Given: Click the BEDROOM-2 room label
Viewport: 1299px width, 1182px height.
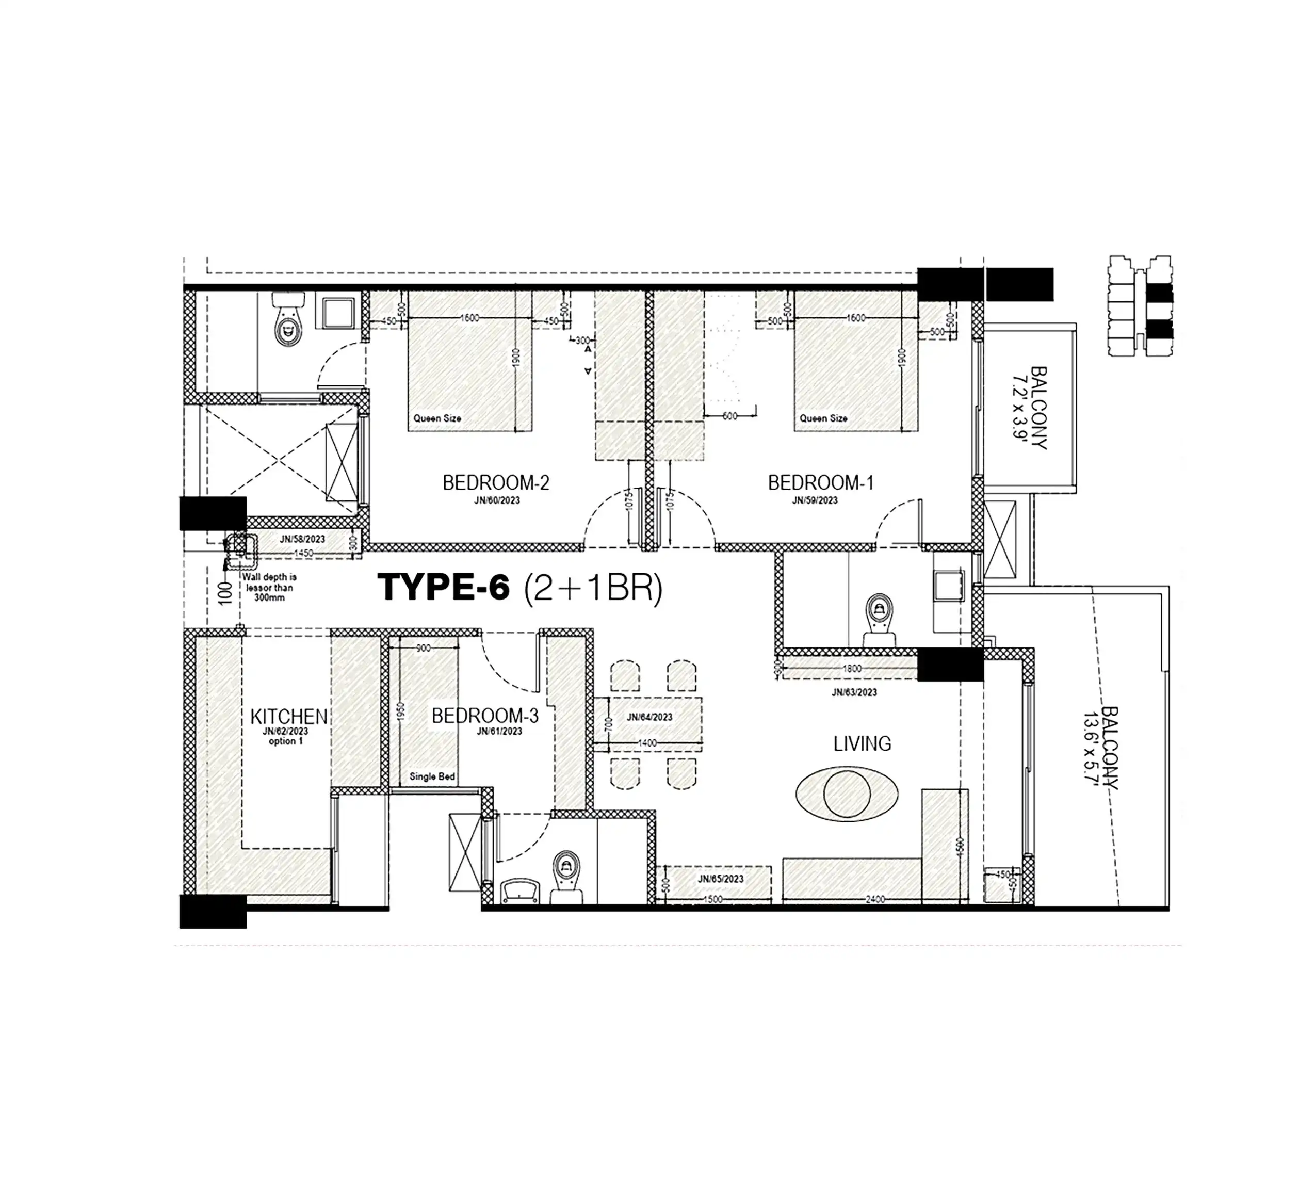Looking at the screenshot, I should tap(495, 483).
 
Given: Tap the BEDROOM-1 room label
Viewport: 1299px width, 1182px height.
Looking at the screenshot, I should tap(820, 483).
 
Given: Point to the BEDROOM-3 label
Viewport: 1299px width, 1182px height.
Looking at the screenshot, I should tap(484, 716).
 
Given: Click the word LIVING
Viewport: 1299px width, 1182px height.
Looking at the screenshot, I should tap(862, 744).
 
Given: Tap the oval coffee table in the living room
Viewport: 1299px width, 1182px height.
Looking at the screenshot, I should tap(847, 794).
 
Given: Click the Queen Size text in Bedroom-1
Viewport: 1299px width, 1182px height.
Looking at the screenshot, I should tap(823, 418).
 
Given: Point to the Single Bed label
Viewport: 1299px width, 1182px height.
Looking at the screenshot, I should tap(432, 776).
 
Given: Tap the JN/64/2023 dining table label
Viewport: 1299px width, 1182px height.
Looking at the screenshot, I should tap(649, 717).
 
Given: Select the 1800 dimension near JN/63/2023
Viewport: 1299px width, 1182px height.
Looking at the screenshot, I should tap(852, 668).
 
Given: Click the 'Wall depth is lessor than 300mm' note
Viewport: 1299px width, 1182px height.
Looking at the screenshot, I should tap(269, 587).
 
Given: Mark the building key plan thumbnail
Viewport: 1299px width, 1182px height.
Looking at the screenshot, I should tap(1139, 305).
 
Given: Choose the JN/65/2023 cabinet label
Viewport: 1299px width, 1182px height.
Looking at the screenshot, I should tap(720, 879).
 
